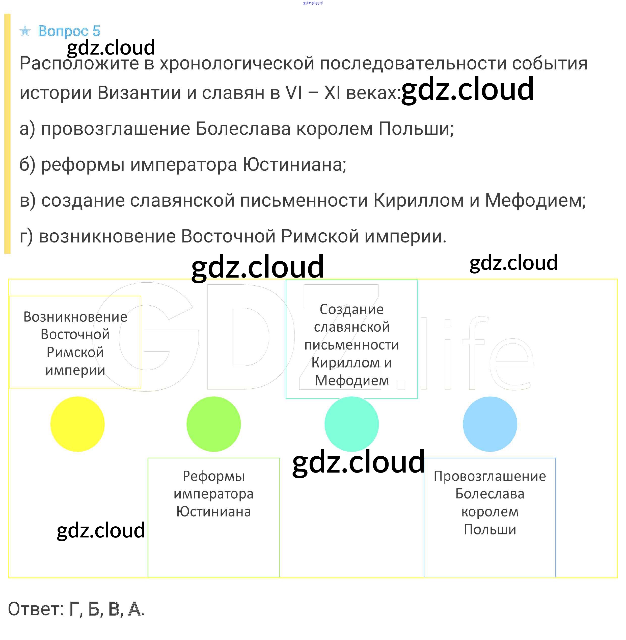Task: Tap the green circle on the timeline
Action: click(x=213, y=424)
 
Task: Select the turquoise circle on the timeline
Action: click(x=351, y=424)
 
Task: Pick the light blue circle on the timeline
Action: click(x=490, y=424)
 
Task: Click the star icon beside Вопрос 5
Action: click(x=25, y=31)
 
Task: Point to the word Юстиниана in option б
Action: click(x=295, y=164)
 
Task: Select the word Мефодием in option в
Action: click(x=535, y=200)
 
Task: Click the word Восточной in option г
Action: click(x=228, y=236)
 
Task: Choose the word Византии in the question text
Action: click(x=139, y=92)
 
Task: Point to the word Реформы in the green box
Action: click(x=214, y=476)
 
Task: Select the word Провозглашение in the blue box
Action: click(x=490, y=476)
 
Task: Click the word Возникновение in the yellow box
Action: click(x=75, y=317)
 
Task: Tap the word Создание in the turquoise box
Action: click(x=351, y=309)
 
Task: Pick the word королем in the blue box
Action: click(x=490, y=512)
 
